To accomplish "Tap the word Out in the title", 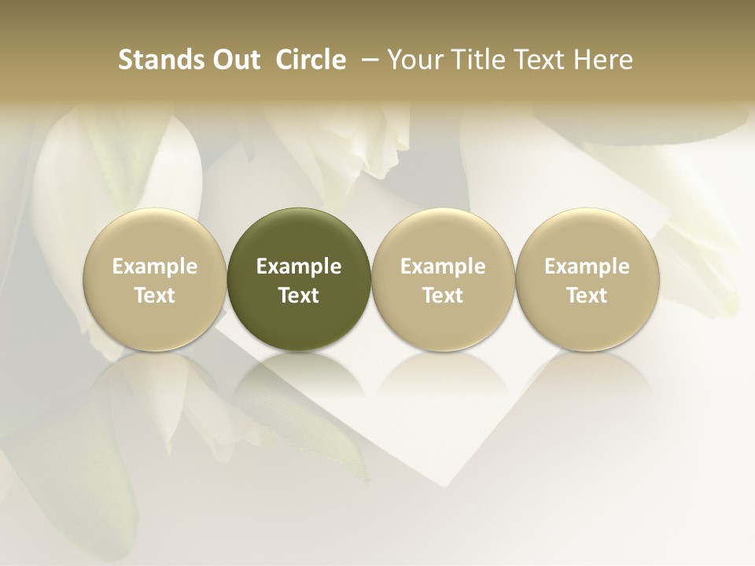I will click(x=234, y=60).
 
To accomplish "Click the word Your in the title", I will click(x=414, y=60).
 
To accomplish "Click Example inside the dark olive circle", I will click(x=299, y=267).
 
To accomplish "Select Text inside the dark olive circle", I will click(x=299, y=296).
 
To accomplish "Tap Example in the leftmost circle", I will click(x=155, y=267).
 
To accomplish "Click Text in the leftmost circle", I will click(x=155, y=296).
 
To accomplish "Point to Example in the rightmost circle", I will click(x=587, y=267).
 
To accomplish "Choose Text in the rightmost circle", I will click(x=587, y=296).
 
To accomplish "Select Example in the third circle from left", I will click(x=443, y=267).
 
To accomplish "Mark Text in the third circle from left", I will click(x=443, y=296).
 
